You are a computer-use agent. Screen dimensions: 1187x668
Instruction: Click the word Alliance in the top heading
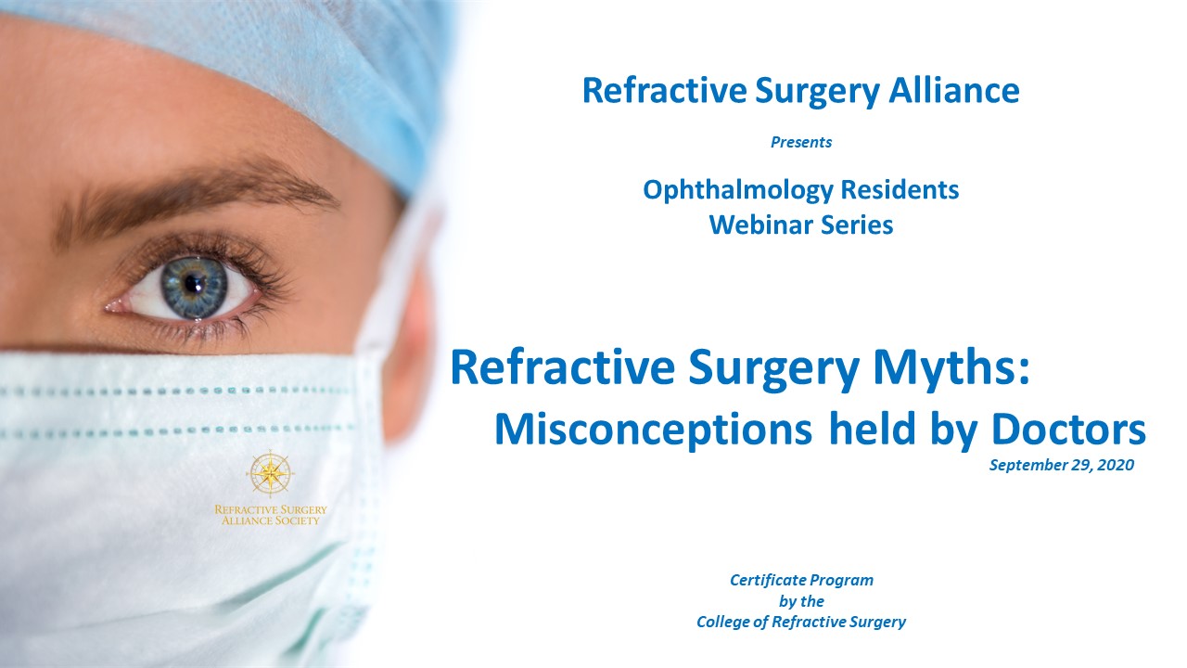[x=954, y=91]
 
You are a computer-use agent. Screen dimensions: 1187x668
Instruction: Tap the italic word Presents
[x=801, y=142]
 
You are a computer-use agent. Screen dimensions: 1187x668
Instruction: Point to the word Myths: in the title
[x=951, y=368]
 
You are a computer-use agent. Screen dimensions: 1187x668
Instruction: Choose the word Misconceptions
[x=653, y=430]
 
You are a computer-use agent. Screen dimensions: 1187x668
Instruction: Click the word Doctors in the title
[x=1068, y=429]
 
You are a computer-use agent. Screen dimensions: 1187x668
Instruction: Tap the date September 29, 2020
[x=1062, y=465]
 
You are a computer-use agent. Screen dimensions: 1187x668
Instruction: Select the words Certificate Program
[x=802, y=580]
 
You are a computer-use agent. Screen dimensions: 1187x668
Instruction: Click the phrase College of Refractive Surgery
[x=801, y=622]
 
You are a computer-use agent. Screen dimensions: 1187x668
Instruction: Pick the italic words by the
[x=801, y=601]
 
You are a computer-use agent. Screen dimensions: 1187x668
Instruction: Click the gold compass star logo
[x=270, y=473]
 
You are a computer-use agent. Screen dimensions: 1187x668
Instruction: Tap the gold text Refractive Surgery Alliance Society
[x=270, y=515]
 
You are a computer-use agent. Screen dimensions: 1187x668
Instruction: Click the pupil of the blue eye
[x=193, y=285]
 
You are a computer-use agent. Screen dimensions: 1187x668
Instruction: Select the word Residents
[x=900, y=189]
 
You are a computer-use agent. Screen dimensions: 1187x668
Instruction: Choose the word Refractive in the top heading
[x=664, y=91]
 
